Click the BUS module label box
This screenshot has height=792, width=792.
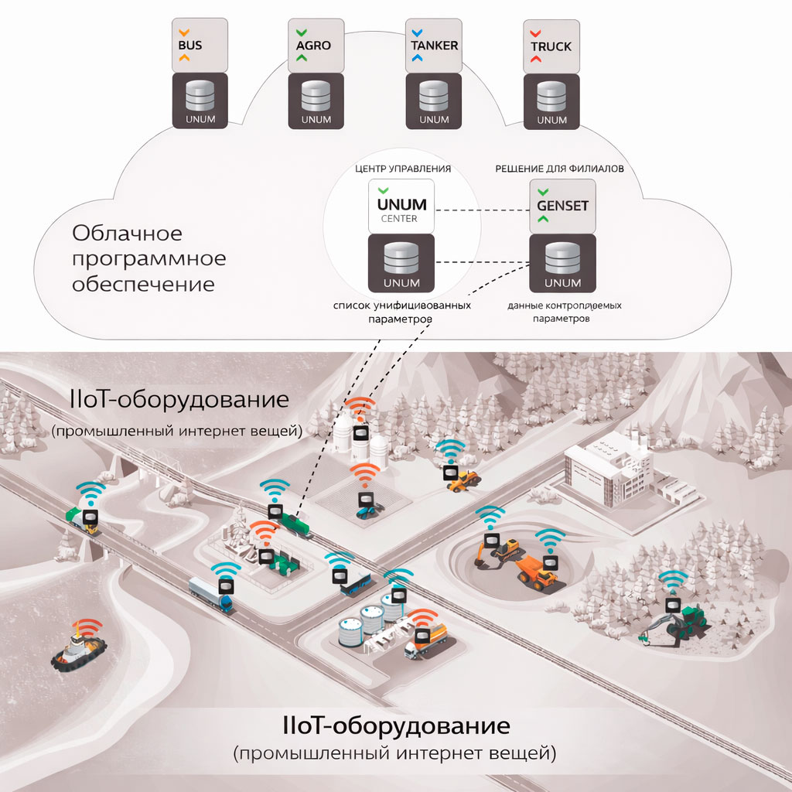click(200, 46)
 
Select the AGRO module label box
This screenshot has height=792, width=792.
click(317, 46)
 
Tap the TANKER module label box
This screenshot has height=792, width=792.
click(434, 46)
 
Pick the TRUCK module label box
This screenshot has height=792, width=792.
click(551, 46)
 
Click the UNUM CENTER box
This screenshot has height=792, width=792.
click(401, 206)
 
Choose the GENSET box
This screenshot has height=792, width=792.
click(562, 206)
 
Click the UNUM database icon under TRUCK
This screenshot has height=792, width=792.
click(551, 101)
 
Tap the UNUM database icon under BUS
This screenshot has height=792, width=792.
click(200, 101)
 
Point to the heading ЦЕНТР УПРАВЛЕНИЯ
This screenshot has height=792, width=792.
click(402, 167)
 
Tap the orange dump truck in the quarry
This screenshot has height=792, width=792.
click(535, 573)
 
